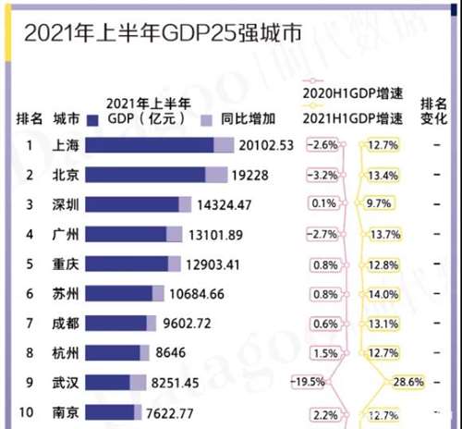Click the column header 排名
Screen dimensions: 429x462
pyautogui.click(x=30, y=119)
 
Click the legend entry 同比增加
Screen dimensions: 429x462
pyautogui.click(x=222, y=119)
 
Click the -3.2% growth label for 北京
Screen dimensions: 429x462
pyautogui.click(x=324, y=175)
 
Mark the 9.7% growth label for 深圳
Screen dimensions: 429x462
pyautogui.click(x=380, y=204)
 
